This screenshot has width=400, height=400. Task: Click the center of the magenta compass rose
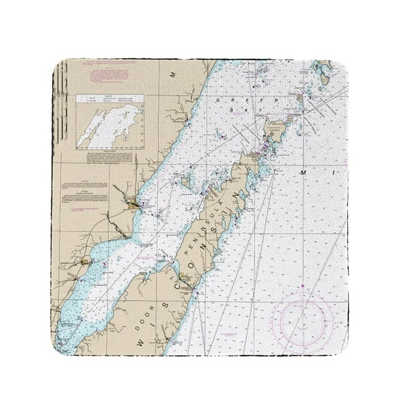(x=301, y=321)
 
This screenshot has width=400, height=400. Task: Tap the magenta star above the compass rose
(x=301, y=286)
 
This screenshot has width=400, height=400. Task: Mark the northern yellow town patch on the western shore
(x=132, y=204)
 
